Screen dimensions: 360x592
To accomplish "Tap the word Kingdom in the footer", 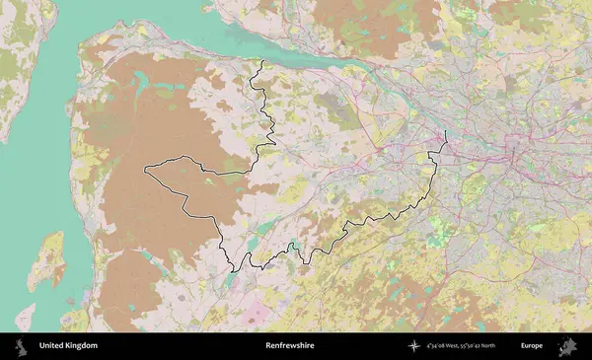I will (x=81, y=346).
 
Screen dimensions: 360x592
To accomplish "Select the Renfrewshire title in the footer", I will (x=288, y=346).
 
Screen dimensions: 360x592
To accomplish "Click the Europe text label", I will (x=532, y=346).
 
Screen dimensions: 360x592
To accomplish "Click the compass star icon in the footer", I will (x=413, y=346).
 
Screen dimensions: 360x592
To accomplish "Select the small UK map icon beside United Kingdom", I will (x=21, y=346).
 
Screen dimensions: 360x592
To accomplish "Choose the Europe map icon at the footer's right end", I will (x=567, y=346).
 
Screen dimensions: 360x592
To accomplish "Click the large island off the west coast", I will (x=45, y=260).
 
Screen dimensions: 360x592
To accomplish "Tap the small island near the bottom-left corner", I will (x=25, y=317).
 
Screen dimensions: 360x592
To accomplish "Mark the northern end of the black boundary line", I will (x=262, y=61).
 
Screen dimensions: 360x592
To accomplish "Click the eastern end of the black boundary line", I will (x=446, y=131).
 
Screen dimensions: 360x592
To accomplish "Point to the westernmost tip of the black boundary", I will (x=145, y=170).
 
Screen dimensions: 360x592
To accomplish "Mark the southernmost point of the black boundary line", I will (x=233, y=270).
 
